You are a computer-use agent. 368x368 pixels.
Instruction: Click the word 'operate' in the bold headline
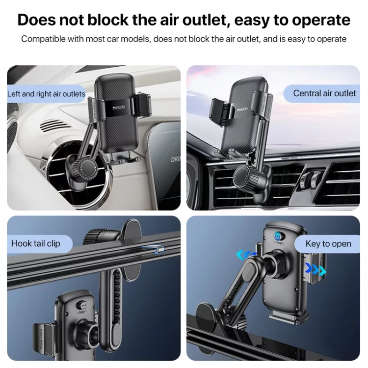click(321, 21)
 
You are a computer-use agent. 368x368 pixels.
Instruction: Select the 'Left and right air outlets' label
click(46, 94)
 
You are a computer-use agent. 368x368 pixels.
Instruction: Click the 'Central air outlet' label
click(324, 93)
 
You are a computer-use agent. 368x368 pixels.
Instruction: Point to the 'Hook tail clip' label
click(36, 243)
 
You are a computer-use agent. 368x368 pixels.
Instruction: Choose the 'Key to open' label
click(328, 244)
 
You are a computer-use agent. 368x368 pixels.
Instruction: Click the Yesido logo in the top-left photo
click(119, 108)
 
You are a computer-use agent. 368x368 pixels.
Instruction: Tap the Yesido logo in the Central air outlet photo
click(242, 109)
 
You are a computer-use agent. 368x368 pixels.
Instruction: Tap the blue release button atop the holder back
click(278, 236)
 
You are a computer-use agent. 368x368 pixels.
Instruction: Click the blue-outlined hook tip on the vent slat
click(153, 249)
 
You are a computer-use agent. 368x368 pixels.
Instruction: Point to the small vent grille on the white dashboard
click(54, 126)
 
